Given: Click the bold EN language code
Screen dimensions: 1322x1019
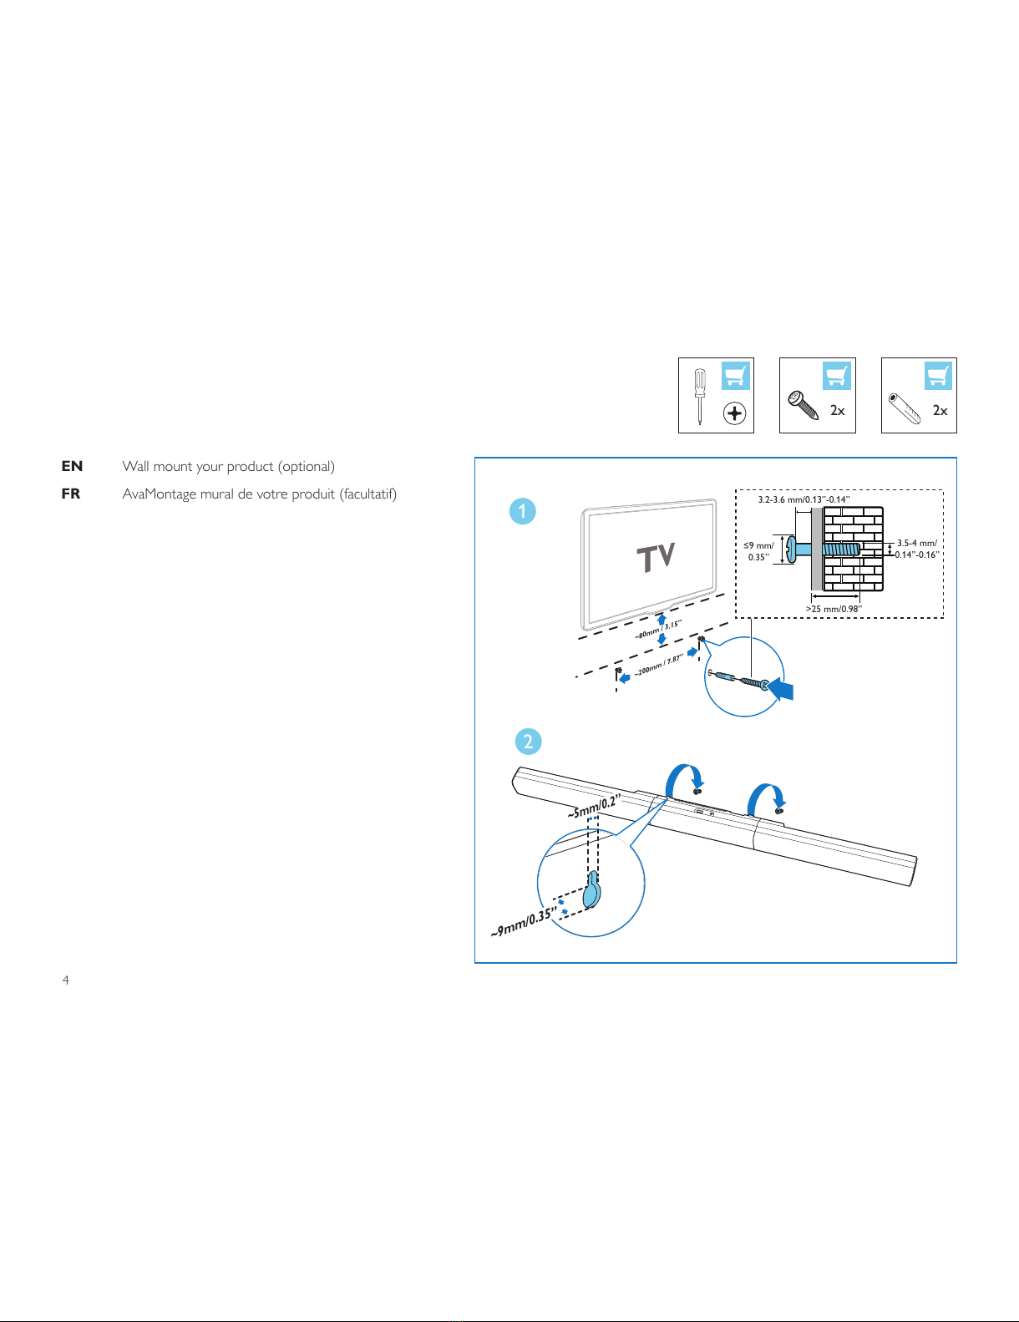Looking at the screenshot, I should tap(72, 466).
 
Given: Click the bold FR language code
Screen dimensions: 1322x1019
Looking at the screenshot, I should tap(71, 494).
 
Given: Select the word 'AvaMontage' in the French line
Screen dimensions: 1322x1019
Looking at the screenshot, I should tap(160, 494).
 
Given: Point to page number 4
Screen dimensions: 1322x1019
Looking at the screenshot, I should tap(66, 980).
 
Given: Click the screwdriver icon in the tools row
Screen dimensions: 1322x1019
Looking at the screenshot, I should tap(700, 396).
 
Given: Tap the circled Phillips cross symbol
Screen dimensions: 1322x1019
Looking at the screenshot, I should tap(734, 413).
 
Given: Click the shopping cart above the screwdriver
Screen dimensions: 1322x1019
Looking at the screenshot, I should tap(735, 376).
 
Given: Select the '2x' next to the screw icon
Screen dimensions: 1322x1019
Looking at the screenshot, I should tap(837, 410).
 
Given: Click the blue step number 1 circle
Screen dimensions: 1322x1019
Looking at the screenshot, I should tap(523, 511).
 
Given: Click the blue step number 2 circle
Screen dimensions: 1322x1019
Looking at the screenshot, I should tap(528, 742).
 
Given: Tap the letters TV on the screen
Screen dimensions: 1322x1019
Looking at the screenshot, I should tap(656, 557).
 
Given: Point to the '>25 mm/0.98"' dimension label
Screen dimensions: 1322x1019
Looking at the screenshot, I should tap(833, 609).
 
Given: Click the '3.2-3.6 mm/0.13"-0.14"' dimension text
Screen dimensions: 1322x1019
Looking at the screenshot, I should tap(804, 499).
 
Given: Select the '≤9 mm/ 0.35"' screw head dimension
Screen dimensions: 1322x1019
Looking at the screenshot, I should tap(758, 551).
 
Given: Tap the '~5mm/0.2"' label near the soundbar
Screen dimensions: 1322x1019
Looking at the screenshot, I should tap(593, 807).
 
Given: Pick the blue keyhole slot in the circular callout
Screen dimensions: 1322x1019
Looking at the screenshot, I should tap(591, 890).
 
